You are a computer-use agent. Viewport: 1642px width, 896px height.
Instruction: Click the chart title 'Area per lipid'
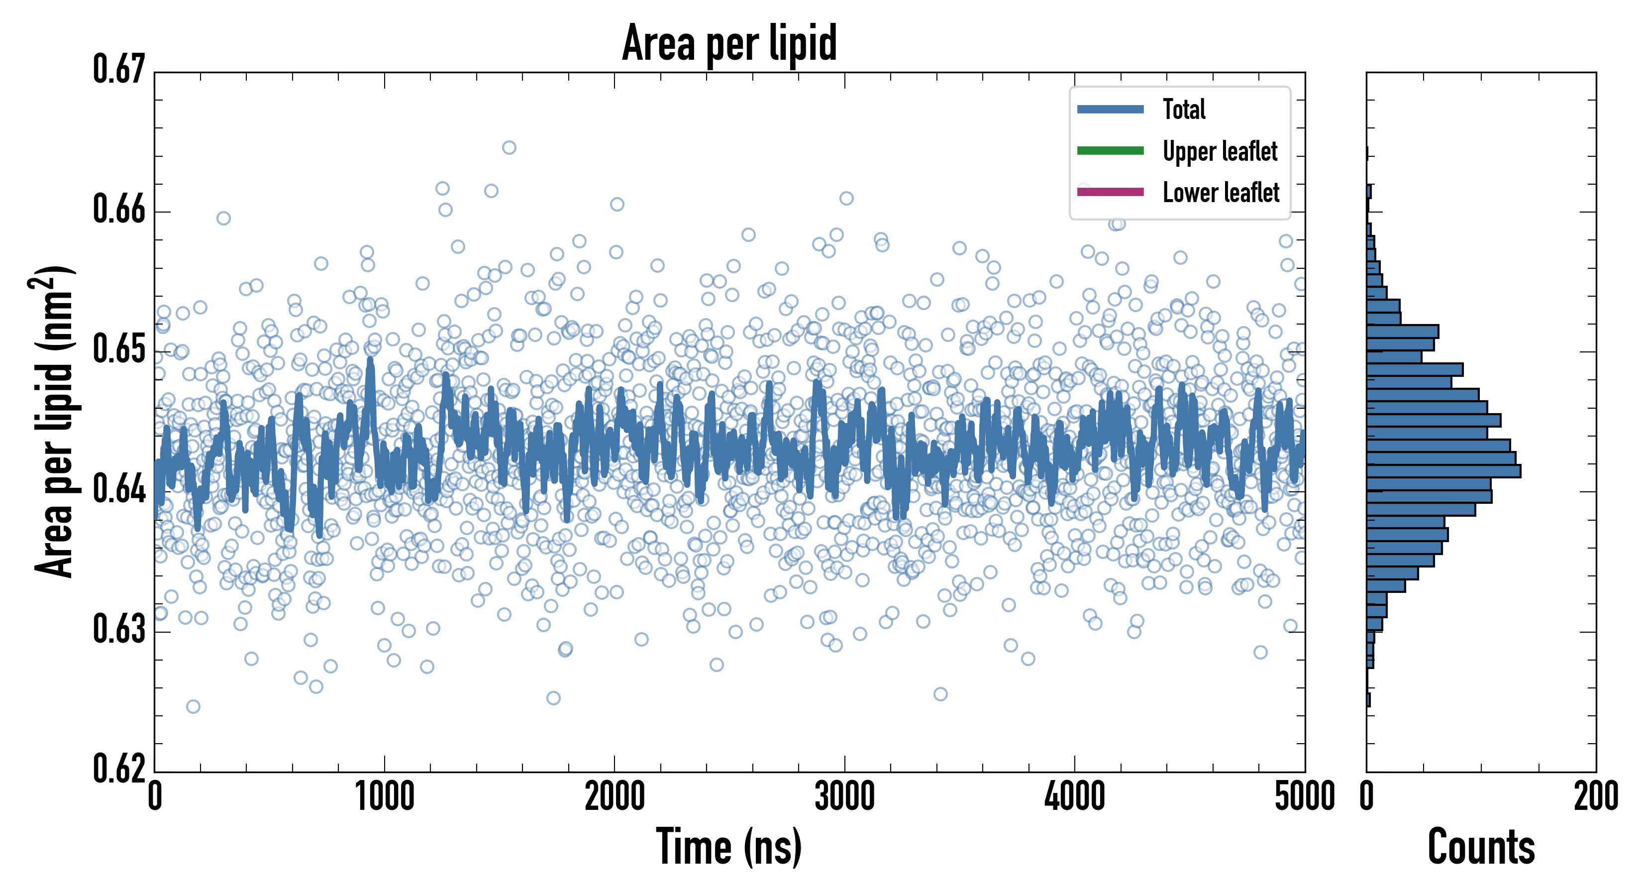pyautogui.click(x=729, y=43)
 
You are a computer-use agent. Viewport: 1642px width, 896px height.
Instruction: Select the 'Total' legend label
pyautogui.click(x=1184, y=110)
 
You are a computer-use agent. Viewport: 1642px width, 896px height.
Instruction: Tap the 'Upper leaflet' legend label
pyautogui.click(x=1220, y=151)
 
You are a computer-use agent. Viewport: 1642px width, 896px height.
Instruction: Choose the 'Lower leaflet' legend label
pyautogui.click(x=1221, y=193)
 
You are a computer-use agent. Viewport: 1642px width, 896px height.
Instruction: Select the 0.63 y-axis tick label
pyautogui.click(x=119, y=629)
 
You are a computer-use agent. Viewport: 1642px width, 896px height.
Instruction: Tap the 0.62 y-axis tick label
pyautogui.click(x=119, y=769)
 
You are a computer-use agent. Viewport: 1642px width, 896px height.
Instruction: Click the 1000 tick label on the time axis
pyautogui.click(x=384, y=797)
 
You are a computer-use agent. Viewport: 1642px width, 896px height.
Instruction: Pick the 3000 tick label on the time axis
pyautogui.click(x=844, y=797)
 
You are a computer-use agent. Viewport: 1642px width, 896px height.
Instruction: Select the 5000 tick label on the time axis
pyautogui.click(x=1304, y=797)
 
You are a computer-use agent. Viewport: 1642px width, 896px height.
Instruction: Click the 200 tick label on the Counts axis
pyautogui.click(x=1595, y=797)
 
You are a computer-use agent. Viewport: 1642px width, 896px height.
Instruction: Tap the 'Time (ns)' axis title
pyautogui.click(x=729, y=847)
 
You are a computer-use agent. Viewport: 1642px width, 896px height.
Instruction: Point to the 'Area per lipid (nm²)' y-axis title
pyautogui.click(x=54, y=421)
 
